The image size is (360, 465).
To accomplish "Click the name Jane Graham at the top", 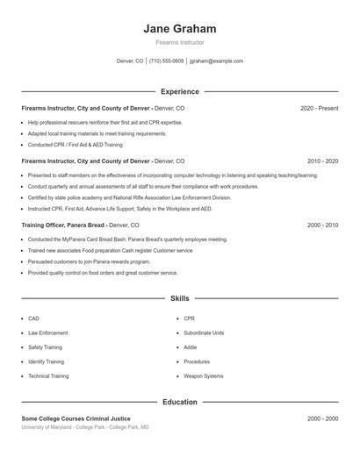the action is pos(180,28).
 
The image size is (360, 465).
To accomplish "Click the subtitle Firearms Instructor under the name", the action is pos(180,42).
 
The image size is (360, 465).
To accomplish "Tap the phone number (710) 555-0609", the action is pos(167,61).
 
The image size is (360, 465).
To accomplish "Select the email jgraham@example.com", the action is pos(216,61).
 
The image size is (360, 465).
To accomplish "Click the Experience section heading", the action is pos(180,91).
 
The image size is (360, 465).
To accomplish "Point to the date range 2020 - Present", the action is pos(319,108).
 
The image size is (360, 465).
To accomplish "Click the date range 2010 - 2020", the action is pos(322,161).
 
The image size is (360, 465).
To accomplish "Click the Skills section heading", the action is pos(180,299).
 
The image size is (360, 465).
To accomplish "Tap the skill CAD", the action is pos(33,318).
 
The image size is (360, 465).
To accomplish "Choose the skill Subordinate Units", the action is pos(204,333).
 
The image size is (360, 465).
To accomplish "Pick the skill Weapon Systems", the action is pos(202,376).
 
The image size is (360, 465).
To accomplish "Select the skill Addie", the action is pos(191,347).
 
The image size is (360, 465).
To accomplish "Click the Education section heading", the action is pos(180,402).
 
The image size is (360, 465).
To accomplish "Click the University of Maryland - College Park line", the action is pos(85,427).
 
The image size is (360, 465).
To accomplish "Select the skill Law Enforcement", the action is pos(48,333).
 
